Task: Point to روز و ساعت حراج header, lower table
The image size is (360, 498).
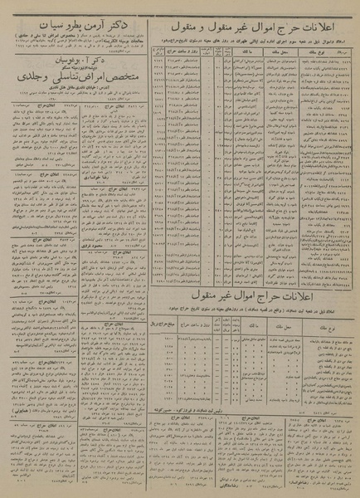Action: (199, 320)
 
